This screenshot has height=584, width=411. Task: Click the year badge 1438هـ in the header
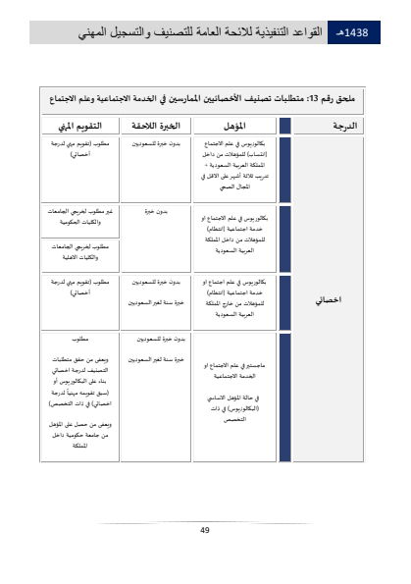click(351, 32)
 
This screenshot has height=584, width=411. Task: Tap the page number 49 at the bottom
click(204, 530)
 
